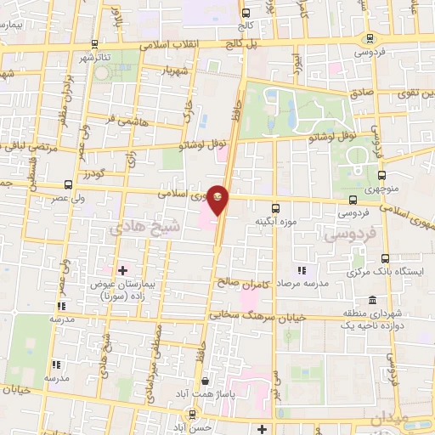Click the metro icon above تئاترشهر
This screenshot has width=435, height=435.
point(94,44)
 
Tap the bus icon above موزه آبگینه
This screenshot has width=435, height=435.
point(274,207)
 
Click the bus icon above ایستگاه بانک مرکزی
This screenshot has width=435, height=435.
point(384,258)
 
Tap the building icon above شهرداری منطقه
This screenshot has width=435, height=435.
point(375,299)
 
